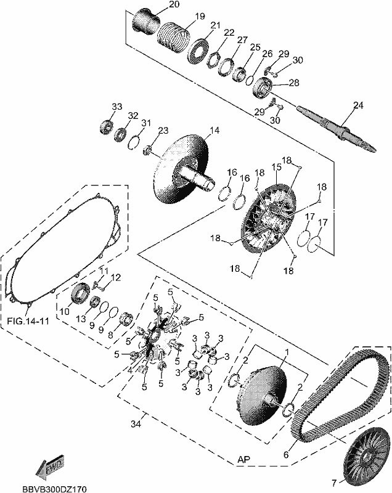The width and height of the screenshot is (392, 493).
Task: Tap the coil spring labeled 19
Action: tap(173, 36)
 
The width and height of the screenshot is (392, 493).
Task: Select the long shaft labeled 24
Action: tap(337, 129)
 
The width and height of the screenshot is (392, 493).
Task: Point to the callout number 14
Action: tap(214, 130)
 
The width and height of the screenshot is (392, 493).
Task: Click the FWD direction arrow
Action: tap(50, 465)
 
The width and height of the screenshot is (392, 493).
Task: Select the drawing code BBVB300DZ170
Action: tap(54, 489)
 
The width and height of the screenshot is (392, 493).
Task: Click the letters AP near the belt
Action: tap(243, 459)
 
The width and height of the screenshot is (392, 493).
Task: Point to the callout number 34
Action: tap(136, 424)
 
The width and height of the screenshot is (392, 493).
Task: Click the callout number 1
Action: tap(287, 351)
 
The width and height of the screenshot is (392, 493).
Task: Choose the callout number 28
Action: tap(294, 83)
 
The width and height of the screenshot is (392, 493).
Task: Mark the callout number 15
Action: tap(276, 167)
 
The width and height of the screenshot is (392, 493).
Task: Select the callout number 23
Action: tap(163, 130)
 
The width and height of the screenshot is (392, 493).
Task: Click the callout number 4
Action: tap(130, 371)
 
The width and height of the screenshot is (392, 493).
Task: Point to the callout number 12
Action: tap(116, 277)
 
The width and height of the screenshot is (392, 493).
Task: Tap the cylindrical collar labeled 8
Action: tap(127, 319)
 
